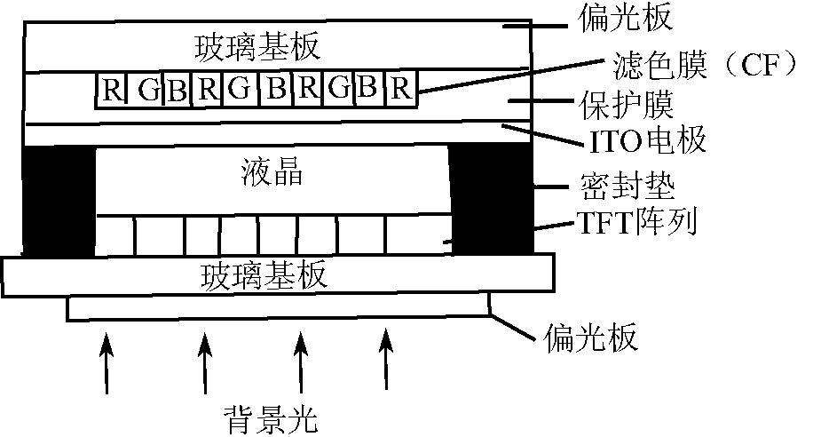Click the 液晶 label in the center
272,171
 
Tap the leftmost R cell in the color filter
110,90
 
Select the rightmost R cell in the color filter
401,90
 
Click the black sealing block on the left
59,200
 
